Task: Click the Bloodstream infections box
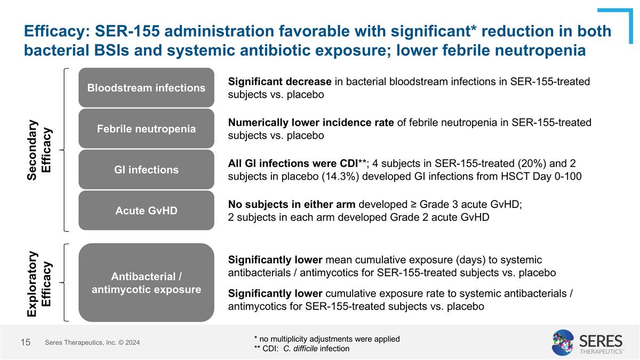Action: coord(146,87)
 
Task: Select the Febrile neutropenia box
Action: coord(146,129)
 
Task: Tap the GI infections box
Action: coord(146,170)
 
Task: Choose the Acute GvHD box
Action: coord(146,210)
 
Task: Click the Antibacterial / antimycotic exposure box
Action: coord(146,283)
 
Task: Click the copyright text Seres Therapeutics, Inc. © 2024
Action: coord(93,342)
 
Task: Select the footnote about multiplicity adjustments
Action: coord(327,339)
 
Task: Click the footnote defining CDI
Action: coord(302,349)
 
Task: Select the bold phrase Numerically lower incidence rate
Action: coord(311,123)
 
